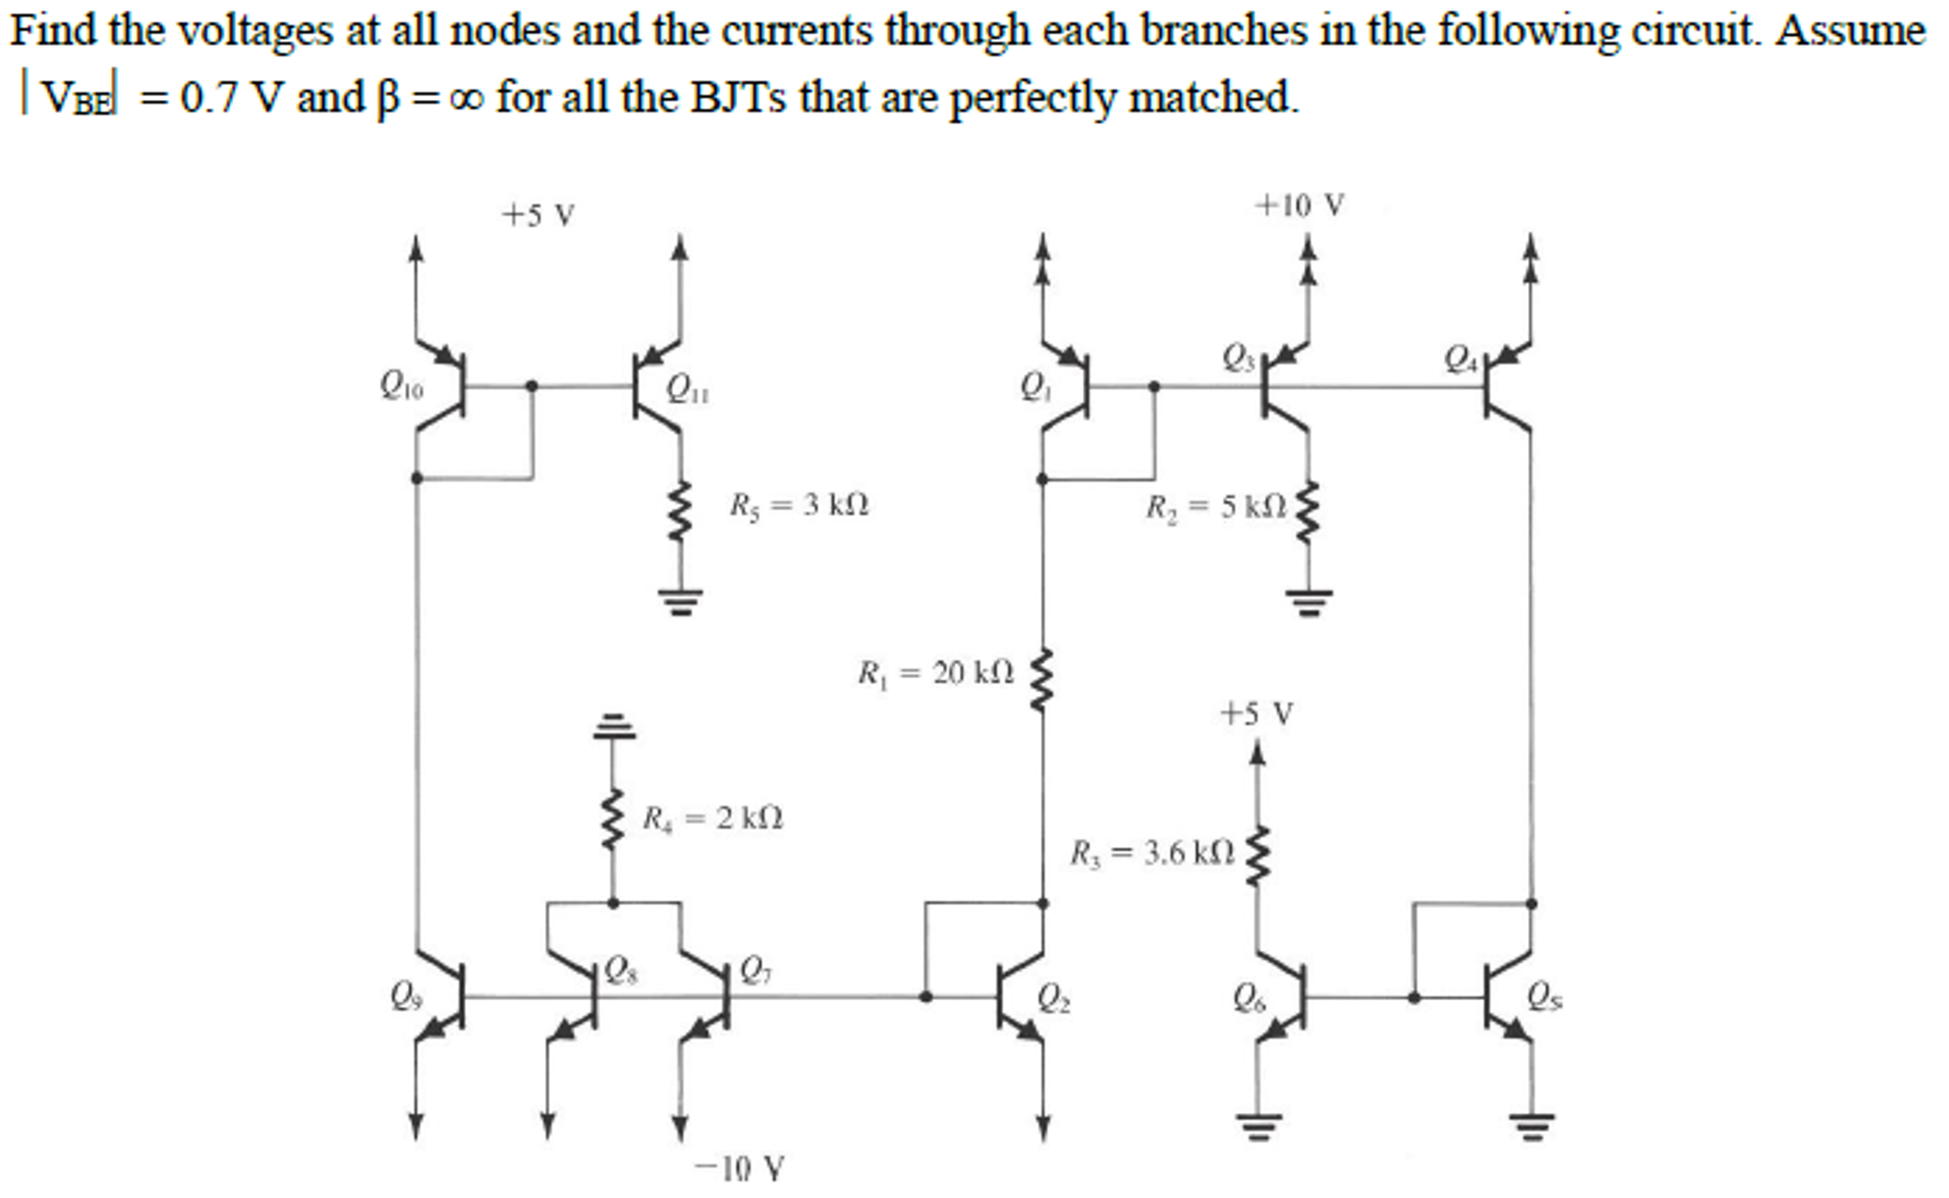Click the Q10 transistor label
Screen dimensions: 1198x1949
(400, 386)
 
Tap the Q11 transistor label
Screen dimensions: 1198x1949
(686, 389)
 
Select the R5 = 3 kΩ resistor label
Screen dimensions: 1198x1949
(798, 504)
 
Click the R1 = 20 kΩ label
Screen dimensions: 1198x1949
(935, 673)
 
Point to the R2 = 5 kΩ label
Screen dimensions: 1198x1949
(1216, 506)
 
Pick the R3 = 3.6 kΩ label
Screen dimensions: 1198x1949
(1152, 852)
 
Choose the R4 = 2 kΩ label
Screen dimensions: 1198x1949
(712, 818)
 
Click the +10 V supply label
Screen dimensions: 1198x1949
(1299, 205)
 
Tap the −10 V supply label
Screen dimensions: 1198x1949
(739, 1168)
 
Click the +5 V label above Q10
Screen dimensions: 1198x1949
(538, 215)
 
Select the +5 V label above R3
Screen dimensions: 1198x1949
(1256, 713)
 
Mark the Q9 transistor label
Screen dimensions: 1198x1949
(405, 996)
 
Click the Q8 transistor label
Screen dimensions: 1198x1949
(621, 971)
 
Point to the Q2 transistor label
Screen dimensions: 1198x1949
(1053, 998)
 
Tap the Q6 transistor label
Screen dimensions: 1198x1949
(1249, 998)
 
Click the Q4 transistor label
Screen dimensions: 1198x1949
(1460, 359)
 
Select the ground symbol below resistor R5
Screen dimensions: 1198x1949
(679, 601)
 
